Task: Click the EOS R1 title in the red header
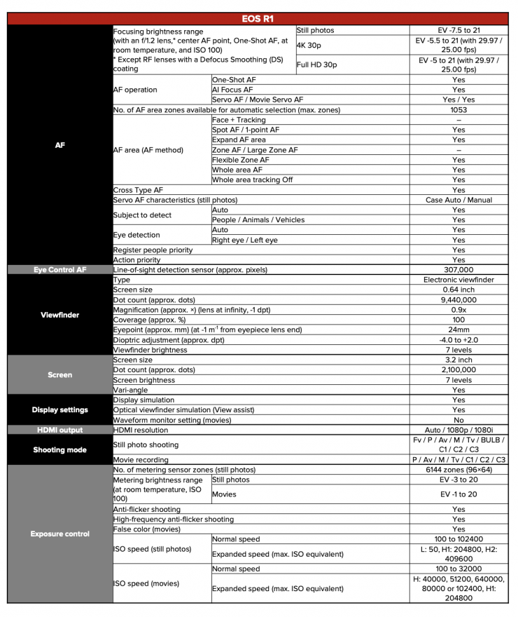[x=258, y=19]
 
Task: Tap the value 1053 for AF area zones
[x=458, y=110]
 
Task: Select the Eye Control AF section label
[x=59, y=270]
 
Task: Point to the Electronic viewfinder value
[x=458, y=280]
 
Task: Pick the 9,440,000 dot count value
[x=458, y=300]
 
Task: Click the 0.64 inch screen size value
[x=458, y=290]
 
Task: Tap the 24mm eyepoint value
[x=458, y=330]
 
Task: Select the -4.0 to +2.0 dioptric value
[x=458, y=340]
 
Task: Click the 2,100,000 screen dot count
[x=458, y=370]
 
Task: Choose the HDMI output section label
[x=59, y=430]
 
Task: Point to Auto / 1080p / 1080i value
[x=458, y=430]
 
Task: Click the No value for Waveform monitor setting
[x=458, y=420]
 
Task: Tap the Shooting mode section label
[x=59, y=450]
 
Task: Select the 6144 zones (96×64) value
[x=458, y=470]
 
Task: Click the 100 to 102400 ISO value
[x=458, y=539]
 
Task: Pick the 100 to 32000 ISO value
[x=458, y=569]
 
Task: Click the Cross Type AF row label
[x=139, y=190]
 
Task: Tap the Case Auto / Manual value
[x=458, y=200]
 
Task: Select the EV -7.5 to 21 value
[x=458, y=31]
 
